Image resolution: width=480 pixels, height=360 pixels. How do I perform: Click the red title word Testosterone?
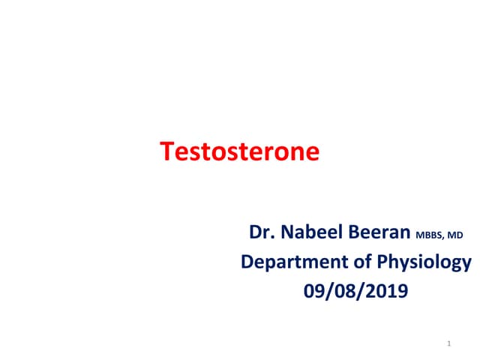[x=240, y=152]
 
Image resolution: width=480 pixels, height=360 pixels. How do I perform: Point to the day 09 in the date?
[x=313, y=289]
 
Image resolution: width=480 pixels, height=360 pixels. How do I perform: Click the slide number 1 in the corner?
[x=447, y=344]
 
